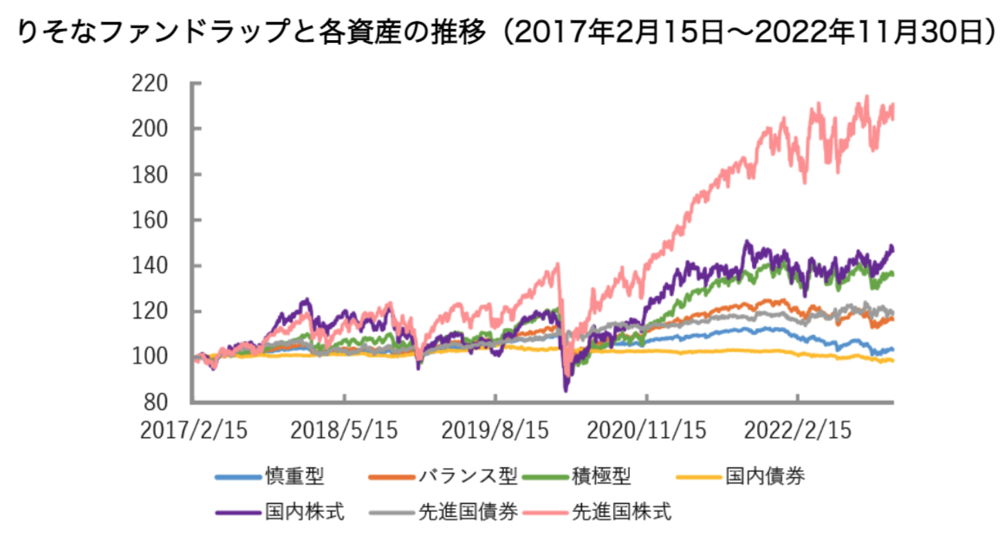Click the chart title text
503,32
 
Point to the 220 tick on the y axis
149,84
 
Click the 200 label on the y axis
149,129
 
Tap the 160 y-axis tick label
149,220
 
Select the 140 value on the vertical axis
149,266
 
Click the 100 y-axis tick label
149,357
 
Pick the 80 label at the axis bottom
157,402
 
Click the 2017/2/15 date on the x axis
193,431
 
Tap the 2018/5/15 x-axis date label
344,431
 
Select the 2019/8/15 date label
495,431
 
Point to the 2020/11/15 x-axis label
646,431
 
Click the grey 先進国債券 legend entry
467,512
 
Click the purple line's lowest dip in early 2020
566,391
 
